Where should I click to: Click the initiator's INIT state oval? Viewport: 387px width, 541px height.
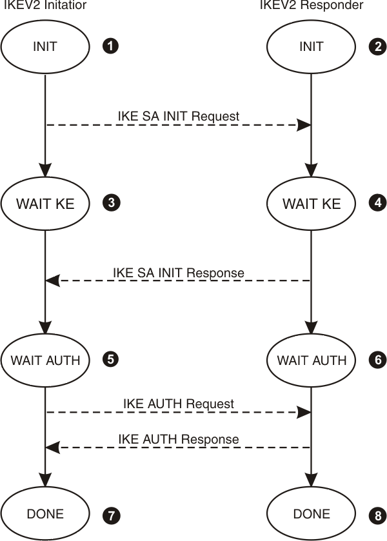45,46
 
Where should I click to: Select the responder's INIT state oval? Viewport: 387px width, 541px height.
312,46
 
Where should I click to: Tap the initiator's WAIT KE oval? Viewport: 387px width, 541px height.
45,204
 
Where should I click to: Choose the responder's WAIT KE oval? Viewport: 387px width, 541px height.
312,204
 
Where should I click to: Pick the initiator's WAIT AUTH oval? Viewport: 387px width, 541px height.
45,360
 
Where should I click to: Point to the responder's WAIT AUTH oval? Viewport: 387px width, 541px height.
312,360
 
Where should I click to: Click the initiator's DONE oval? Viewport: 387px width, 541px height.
45,514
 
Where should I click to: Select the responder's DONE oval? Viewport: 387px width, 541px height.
312,514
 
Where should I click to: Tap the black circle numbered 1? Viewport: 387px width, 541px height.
112,46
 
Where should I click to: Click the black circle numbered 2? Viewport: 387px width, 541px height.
378,46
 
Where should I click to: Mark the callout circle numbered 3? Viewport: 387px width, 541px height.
112,203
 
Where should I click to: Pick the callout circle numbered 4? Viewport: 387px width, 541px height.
378,203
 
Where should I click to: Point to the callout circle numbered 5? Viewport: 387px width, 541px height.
112,359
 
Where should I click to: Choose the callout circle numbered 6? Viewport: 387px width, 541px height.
378,359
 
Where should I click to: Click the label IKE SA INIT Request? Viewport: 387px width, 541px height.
178,116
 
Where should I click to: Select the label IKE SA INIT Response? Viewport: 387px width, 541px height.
178,272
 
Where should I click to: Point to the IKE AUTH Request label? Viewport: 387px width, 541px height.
178,404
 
